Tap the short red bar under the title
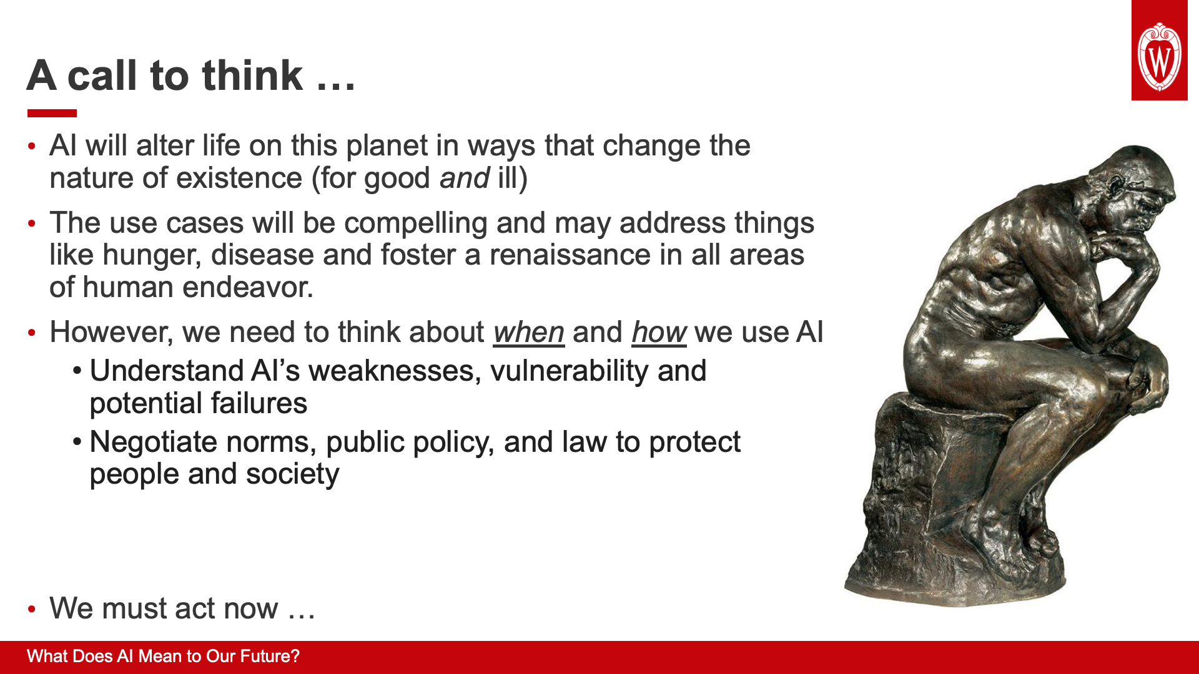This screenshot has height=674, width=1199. tap(52, 113)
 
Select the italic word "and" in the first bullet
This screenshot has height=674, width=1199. tap(465, 178)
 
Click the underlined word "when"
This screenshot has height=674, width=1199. tap(529, 332)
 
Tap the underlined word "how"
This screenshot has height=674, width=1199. tap(659, 332)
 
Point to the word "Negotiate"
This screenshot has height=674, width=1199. tap(154, 442)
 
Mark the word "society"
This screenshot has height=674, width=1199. tap(292, 474)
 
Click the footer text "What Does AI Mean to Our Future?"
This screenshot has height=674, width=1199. tap(164, 657)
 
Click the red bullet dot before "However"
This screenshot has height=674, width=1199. tap(32, 333)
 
